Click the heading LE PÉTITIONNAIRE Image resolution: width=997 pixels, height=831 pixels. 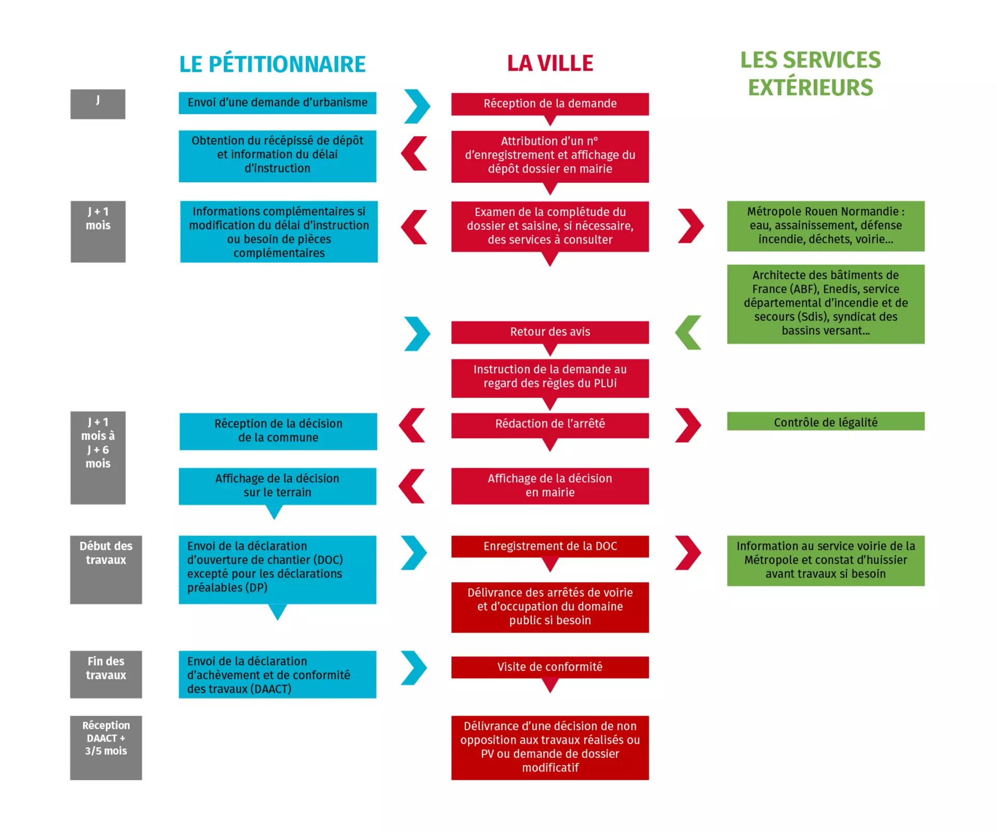[x=272, y=64]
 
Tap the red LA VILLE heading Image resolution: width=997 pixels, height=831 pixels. [x=550, y=63]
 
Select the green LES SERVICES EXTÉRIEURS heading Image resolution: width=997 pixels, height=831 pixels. [x=810, y=74]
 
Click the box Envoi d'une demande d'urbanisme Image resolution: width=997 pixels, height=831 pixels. [x=277, y=103]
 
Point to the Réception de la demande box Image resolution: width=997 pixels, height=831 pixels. [x=550, y=104]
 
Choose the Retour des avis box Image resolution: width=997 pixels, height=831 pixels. [x=550, y=332]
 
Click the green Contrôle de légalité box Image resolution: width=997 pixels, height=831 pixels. [x=826, y=421]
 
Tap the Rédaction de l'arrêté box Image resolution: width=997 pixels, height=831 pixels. [x=550, y=425]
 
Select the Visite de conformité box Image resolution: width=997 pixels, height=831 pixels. [x=550, y=667]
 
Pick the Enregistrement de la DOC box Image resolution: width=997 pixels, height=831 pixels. [x=550, y=546]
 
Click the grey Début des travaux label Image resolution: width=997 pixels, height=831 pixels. [x=106, y=570]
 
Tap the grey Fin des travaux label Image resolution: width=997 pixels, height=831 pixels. [x=106, y=674]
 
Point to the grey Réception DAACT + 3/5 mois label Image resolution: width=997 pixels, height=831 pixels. [x=106, y=748]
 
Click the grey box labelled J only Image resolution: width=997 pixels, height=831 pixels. [x=98, y=104]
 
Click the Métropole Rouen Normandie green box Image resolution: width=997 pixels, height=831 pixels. [x=826, y=226]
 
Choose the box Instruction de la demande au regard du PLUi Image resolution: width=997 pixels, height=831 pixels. [x=550, y=378]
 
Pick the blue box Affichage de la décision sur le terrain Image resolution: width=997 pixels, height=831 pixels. [x=277, y=486]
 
